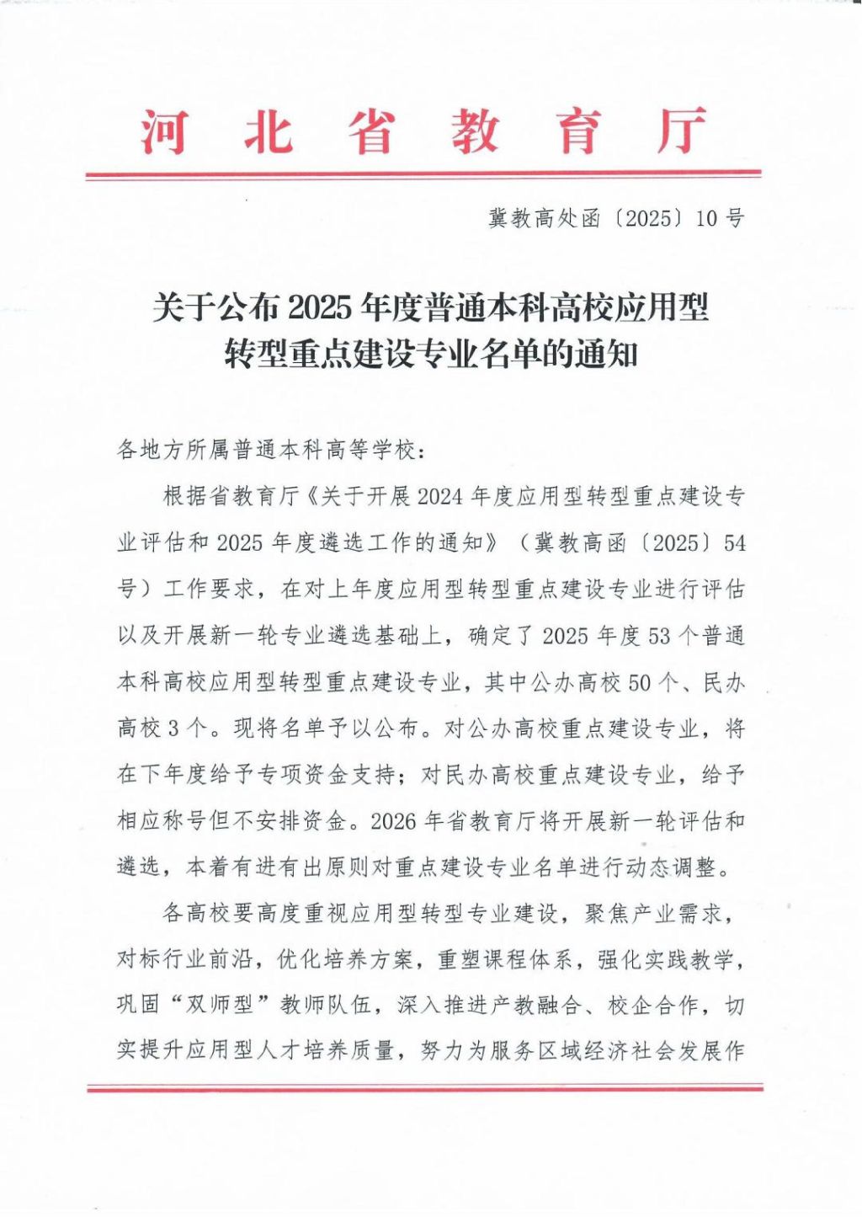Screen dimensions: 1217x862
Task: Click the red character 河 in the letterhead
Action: (x=163, y=132)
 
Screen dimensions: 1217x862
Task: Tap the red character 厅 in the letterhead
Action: (x=680, y=132)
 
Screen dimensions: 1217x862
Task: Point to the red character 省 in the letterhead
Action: (x=370, y=132)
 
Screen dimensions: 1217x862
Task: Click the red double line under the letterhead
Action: (x=423, y=175)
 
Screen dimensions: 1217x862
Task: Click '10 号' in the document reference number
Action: (x=721, y=219)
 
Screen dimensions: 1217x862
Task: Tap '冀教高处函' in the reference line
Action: (x=545, y=219)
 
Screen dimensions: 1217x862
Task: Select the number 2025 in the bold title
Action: (x=319, y=308)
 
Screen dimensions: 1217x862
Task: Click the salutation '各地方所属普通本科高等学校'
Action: (x=267, y=451)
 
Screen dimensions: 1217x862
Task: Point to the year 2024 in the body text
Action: (x=440, y=497)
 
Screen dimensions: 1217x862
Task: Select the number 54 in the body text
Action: (x=735, y=543)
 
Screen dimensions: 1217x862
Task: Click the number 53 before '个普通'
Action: (x=659, y=636)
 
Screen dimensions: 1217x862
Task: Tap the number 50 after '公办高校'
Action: (x=640, y=682)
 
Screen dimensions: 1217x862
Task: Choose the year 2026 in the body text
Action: (x=395, y=821)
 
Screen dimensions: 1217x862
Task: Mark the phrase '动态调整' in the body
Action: (x=679, y=867)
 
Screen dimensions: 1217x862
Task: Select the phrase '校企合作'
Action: (x=653, y=1006)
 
